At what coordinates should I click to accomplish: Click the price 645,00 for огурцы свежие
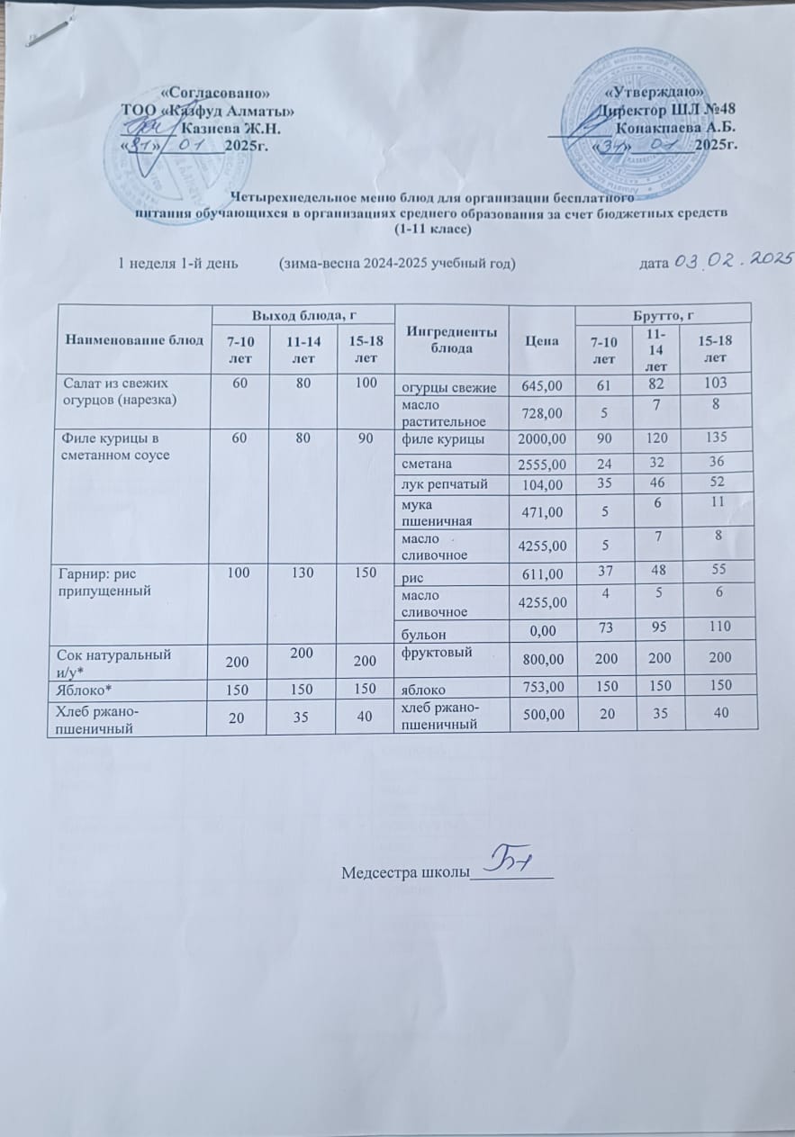tap(541, 388)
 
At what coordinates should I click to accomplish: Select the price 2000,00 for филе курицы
tap(542, 439)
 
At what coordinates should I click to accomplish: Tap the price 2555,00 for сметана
tap(541, 465)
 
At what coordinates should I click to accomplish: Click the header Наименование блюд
tap(129, 339)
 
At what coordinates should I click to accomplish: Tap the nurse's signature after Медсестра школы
tap(509, 862)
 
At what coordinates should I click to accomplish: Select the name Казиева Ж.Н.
tap(232, 130)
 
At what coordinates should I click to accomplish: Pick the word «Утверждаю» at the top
tap(654, 95)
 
